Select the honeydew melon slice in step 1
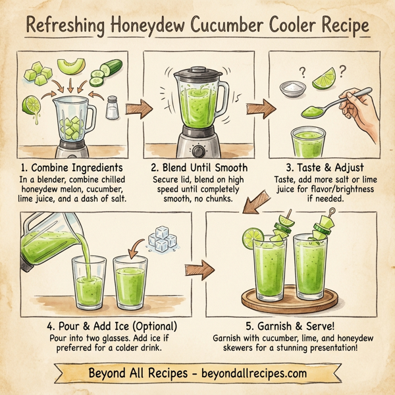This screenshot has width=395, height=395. click(71, 66)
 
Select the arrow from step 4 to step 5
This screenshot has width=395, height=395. click(196, 269)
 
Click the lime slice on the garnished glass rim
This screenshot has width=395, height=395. click(253, 236)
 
